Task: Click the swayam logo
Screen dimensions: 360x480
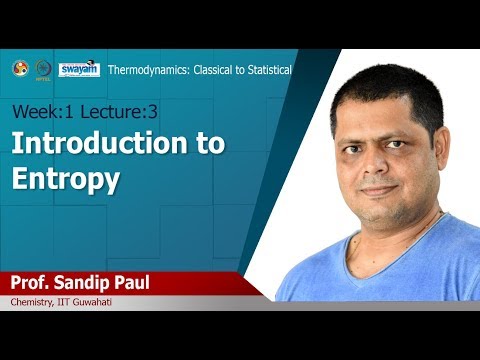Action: (78, 69)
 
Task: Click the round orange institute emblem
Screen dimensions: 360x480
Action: (19, 69)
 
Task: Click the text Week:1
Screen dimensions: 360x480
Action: (37, 109)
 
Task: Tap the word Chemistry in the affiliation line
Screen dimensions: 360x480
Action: (33, 302)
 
